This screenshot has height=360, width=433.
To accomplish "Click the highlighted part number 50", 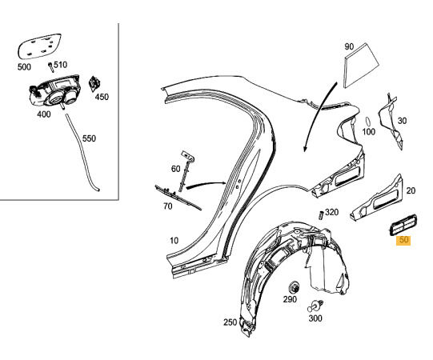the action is tap(403, 240).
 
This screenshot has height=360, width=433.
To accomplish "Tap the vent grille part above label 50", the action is tap(403, 224).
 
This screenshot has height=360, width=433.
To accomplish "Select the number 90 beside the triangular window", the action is tap(349, 46).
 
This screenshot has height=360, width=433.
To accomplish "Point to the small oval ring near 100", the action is tap(368, 122).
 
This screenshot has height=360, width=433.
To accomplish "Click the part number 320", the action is tap(331, 212).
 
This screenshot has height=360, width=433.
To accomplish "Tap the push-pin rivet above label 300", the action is tap(315, 306).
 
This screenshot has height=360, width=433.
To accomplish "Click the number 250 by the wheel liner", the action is tap(230, 322).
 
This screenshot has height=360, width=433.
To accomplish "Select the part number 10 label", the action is tap(174, 241).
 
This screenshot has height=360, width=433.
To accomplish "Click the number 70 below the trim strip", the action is tap(167, 206).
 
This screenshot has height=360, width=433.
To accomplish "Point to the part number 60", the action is tap(175, 169).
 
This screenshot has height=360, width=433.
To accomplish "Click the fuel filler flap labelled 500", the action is tap(39, 46).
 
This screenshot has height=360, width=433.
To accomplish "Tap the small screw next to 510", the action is tap(51, 67).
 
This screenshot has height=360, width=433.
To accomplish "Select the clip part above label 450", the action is tap(94, 83).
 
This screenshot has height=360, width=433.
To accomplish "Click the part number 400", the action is tap(44, 114).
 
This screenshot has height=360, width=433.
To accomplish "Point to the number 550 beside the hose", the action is tap(89, 138).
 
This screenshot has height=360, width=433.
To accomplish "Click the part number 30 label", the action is tap(402, 121).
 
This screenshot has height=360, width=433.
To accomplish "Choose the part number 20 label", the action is tap(411, 190).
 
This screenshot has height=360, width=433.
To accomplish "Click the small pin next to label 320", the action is tap(321, 215).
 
